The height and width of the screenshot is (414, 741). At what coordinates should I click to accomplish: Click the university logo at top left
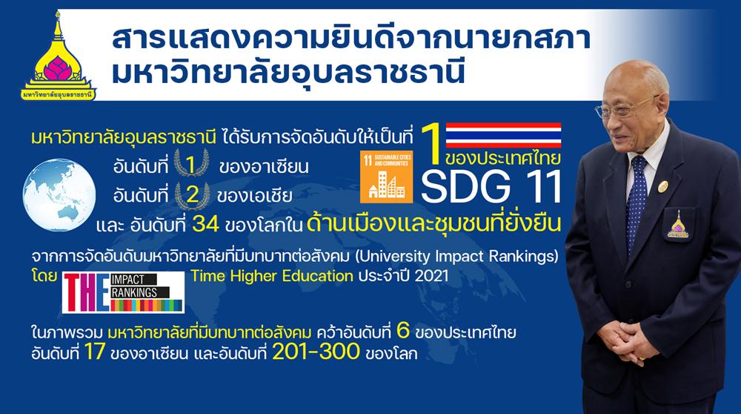tap(58, 57)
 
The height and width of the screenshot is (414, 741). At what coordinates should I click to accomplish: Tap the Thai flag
tap(503, 135)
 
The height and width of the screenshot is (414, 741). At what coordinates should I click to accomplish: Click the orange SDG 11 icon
tap(386, 177)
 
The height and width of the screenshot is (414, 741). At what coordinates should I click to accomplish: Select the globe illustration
tap(59, 194)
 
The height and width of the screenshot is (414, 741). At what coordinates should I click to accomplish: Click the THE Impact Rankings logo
tap(123, 292)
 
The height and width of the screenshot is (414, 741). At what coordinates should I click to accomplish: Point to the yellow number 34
tap(205, 224)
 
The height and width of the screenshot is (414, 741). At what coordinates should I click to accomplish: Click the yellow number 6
tap(403, 331)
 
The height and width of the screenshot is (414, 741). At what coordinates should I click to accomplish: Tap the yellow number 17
tap(94, 352)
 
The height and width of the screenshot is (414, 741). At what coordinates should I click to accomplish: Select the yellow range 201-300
tap(316, 352)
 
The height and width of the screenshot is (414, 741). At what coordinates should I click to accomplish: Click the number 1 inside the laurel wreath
tap(190, 165)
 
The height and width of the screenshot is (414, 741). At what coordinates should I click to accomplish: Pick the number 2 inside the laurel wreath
tap(193, 194)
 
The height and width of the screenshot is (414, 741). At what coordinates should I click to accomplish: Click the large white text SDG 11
tap(491, 186)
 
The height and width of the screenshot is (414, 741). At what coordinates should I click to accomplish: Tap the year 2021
tap(431, 275)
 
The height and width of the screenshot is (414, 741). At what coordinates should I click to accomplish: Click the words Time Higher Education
tap(272, 275)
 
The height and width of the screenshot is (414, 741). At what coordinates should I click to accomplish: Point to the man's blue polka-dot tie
tap(636, 198)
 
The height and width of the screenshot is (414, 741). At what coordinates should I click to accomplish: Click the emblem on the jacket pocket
tap(678, 224)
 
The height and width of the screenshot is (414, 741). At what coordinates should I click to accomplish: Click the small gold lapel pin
tap(663, 185)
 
